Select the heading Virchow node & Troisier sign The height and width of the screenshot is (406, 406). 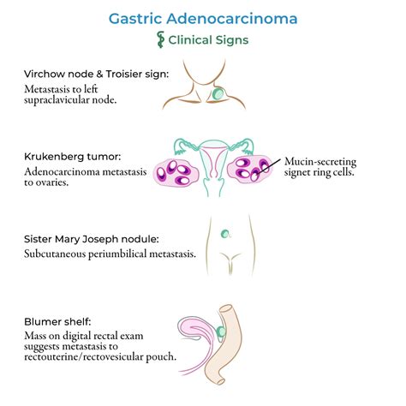coord(97,75)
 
